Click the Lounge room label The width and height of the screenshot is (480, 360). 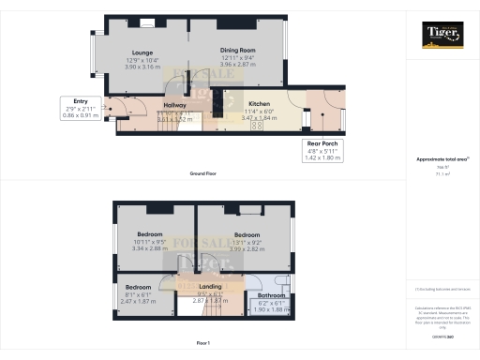click(142, 52)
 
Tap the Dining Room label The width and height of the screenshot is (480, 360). click(237, 52)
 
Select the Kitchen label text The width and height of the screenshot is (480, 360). click(259, 104)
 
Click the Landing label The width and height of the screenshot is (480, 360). click(210, 286)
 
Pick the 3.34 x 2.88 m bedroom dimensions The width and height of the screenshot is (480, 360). click(150, 248)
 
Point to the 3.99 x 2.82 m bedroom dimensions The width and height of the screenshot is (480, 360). click(247, 248)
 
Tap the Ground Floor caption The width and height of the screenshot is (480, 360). click(204, 175)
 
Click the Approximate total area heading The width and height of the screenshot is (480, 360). click(442, 159)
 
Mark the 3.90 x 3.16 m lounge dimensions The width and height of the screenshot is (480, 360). click(142, 67)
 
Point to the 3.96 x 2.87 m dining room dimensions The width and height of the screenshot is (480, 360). click(237, 67)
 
